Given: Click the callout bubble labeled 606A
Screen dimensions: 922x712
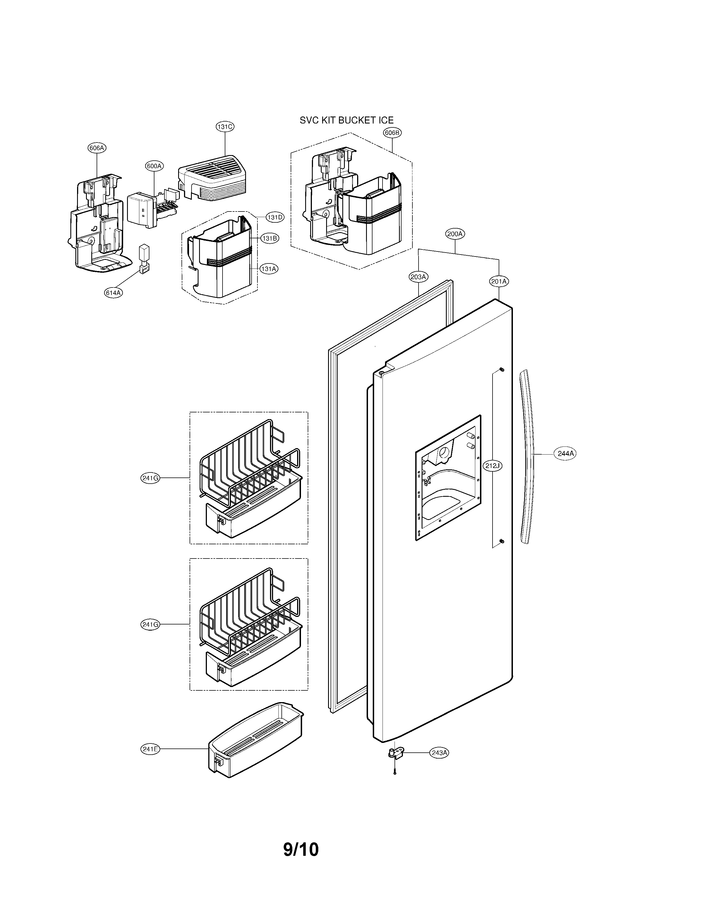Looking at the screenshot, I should click(x=97, y=148).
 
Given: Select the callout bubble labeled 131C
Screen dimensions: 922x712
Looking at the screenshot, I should click(x=225, y=126).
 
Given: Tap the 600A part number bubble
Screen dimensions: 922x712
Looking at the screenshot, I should click(x=154, y=166).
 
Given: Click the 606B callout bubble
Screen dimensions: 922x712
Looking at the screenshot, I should click(x=392, y=132).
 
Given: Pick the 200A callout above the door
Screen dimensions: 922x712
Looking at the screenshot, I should click(x=455, y=234).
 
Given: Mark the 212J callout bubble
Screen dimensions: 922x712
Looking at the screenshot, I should click(x=493, y=466).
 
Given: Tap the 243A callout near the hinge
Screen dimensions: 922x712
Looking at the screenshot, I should click(x=439, y=752).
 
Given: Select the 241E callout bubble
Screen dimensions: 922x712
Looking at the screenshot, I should click(x=150, y=749).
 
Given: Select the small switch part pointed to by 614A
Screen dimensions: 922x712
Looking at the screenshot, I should click(x=144, y=258).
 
